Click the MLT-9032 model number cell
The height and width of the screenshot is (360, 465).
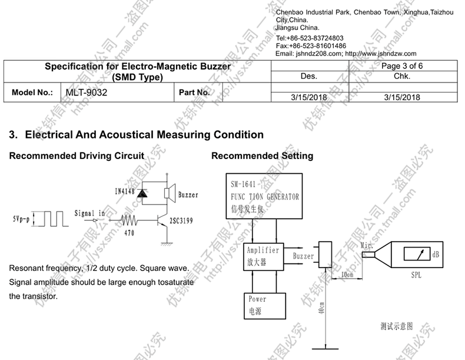[x=86, y=93]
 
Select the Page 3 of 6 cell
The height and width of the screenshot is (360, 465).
[x=402, y=66]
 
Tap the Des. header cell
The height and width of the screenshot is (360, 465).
[x=308, y=76]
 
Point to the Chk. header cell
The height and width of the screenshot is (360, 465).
[x=402, y=76]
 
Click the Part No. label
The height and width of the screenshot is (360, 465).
[x=194, y=93]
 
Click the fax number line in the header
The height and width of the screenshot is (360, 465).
[x=311, y=46]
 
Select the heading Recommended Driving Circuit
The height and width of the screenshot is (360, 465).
[x=77, y=156]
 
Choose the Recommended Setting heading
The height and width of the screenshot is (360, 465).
[x=262, y=156]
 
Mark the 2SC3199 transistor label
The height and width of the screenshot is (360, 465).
[x=181, y=221]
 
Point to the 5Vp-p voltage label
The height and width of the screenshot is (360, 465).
[x=22, y=219]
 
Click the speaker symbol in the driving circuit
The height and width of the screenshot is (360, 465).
[x=169, y=193]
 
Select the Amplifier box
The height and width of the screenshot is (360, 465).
[x=263, y=256]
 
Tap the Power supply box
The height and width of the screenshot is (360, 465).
[x=264, y=305]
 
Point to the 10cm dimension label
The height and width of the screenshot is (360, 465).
[x=348, y=275]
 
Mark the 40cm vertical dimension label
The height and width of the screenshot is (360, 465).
[x=321, y=309]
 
